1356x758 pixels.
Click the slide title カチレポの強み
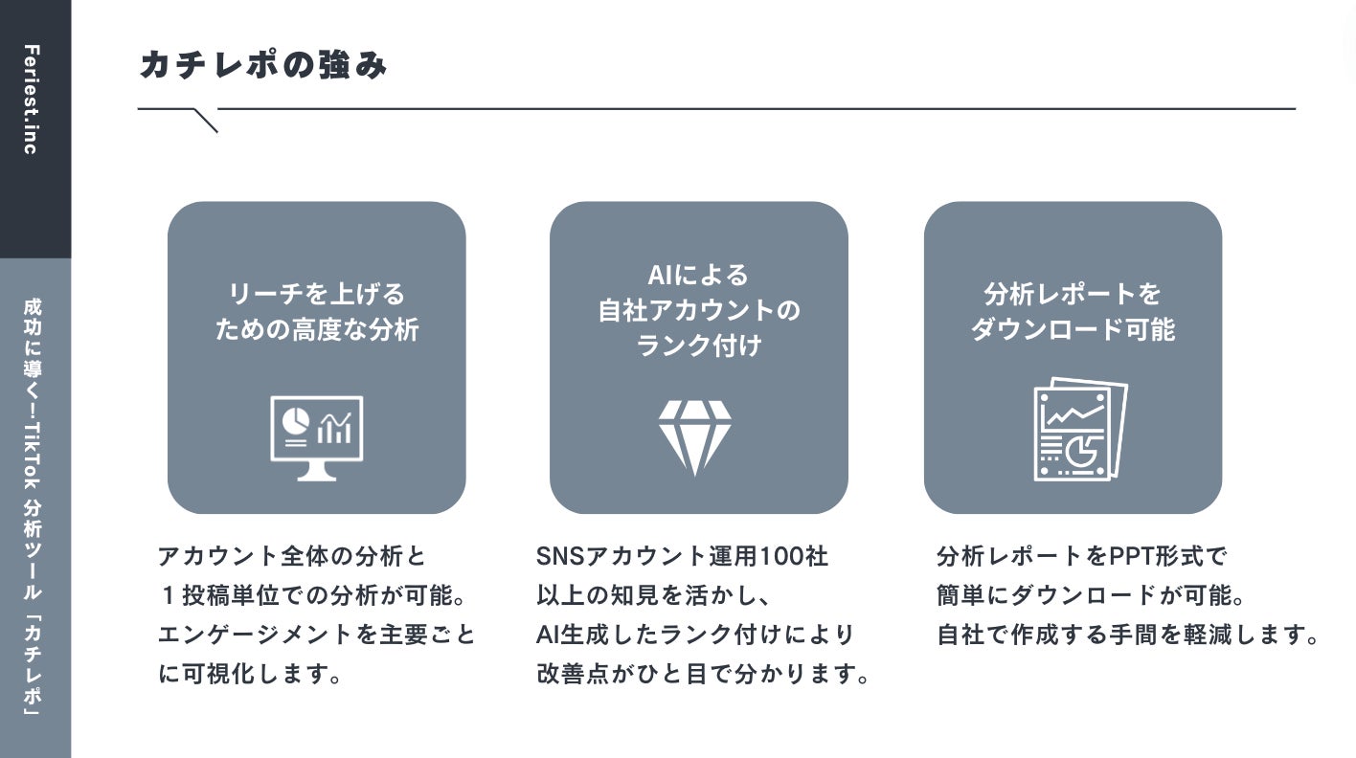(x=263, y=66)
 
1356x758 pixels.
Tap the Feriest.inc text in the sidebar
(x=31, y=100)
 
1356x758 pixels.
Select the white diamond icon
(x=694, y=436)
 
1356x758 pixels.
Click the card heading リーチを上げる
(x=316, y=293)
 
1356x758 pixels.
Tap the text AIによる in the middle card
(x=698, y=276)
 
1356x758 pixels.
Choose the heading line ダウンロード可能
(x=1073, y=329)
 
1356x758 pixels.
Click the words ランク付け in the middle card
(x=698, y=345)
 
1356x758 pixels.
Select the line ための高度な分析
(x=316, y=329)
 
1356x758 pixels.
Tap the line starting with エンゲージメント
(x=316, y=635)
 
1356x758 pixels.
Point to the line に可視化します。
(x=250, y=674)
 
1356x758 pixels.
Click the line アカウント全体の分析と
(x=291, y=556)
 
